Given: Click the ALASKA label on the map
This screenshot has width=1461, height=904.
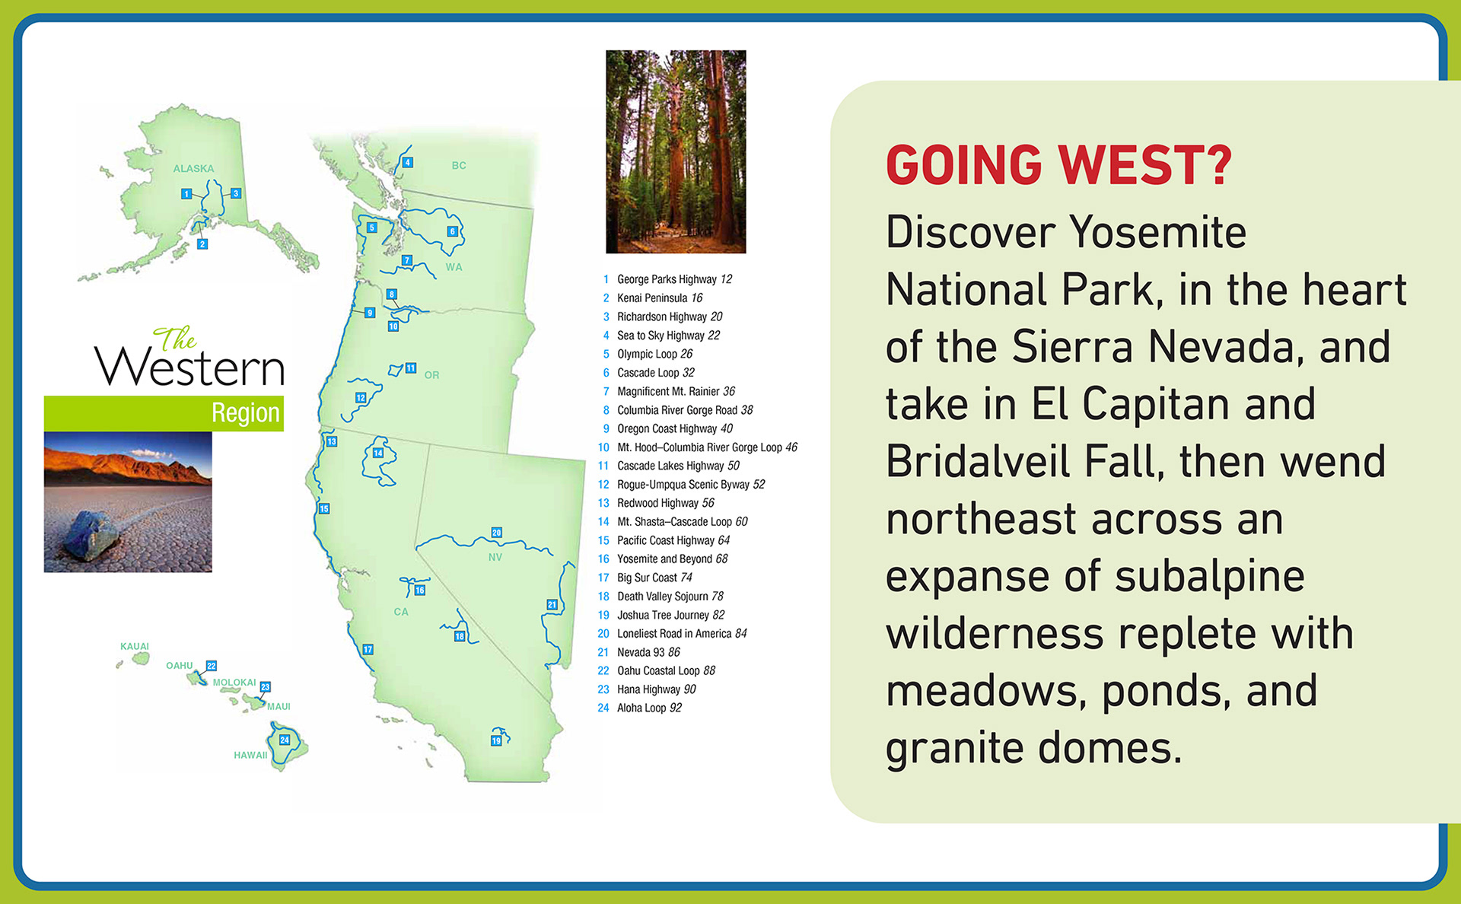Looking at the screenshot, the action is click(x=193, y=169).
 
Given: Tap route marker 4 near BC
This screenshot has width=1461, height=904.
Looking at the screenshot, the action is click(x=408, y=162).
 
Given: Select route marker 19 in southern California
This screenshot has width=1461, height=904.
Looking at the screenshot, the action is click(x=496, y=740).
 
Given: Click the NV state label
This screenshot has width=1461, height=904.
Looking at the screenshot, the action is click(x=495, y=557).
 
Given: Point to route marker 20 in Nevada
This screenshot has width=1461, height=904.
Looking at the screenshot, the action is click(x=497, y=533).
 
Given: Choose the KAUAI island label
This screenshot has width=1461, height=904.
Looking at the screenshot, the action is click(x=135, y=647).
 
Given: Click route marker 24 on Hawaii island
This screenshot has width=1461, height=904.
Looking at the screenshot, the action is click(x=285, y=740).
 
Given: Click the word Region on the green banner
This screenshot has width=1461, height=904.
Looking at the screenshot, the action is click(x=246, y=412).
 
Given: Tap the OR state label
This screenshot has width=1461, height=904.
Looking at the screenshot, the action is click(x=431, y=375).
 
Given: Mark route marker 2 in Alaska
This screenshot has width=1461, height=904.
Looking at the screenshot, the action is click(x=202, y=244).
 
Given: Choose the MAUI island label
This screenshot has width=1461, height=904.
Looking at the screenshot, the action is click(x=279, y=707).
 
